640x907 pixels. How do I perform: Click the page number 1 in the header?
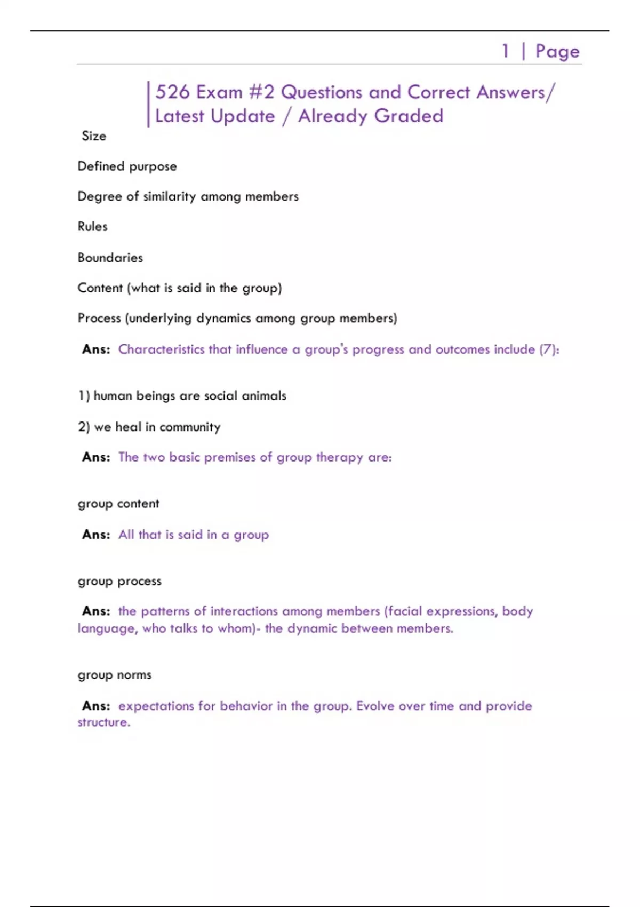(x=505, y=51)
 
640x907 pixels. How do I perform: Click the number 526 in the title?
(x=172, y=92)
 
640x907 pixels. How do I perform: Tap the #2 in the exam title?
(x=262, y=92)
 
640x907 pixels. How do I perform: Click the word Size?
(x=94, y=136)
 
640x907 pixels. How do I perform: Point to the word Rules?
(x=92, y=227)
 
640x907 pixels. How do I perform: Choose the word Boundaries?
(x=110, y=258)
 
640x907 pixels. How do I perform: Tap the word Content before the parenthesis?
(x=100, y=288)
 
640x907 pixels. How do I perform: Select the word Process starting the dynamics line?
(x=99, y=319)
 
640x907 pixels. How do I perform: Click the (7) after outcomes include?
(x=547, y=349)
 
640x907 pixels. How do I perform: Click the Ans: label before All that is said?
(x=96, y=535)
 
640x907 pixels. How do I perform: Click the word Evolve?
(x=375, y=706)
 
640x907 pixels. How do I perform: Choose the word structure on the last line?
(x=103, y=722)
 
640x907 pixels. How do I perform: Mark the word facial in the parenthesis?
(x=404, y=611)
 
